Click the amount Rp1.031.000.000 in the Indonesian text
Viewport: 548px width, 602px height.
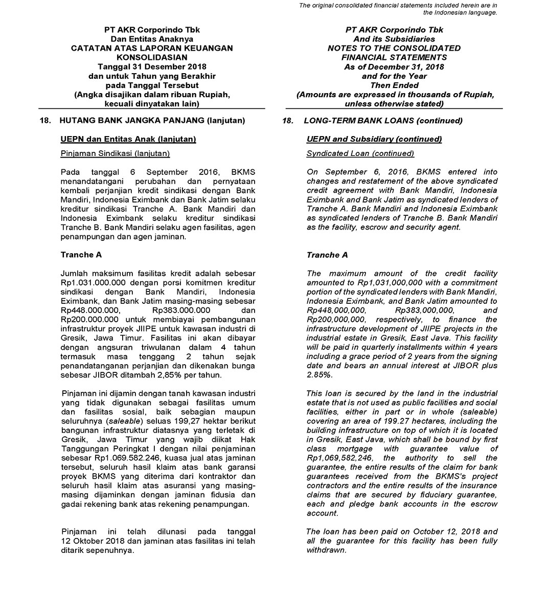(90, 283)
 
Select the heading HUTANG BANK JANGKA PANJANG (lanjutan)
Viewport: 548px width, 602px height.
(152, 121)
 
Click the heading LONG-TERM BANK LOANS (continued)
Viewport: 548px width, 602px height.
(383, 121)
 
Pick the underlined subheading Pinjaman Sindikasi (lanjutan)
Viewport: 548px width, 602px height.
(115, 153)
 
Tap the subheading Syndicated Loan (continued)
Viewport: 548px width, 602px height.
(360, 153)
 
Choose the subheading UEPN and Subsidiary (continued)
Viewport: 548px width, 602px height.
(374, 139)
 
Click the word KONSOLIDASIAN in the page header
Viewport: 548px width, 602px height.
(152, 57)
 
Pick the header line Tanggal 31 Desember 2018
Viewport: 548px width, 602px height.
(152, 66)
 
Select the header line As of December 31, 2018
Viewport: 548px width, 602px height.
(394, 66)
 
